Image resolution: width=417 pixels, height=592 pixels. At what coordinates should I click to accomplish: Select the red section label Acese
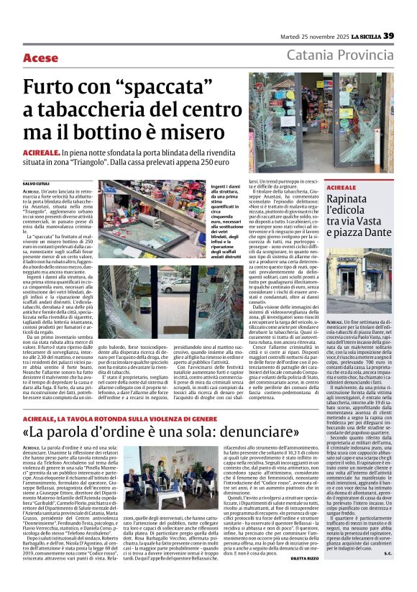pyautogui.click(x=40, y=58)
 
